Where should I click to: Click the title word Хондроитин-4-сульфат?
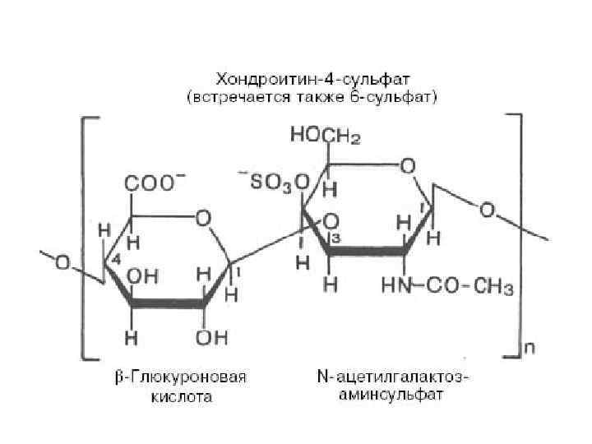pos(312,80)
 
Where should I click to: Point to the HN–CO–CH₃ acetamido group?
pos(448,287)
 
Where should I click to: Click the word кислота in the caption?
pos(182,398)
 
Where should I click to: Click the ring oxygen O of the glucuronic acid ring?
pos(202,218)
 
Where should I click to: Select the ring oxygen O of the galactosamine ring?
pos(407,166)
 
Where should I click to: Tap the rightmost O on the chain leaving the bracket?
pos(488,211)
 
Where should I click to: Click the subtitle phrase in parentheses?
pos(312,98)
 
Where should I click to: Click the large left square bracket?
pos(84,238)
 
